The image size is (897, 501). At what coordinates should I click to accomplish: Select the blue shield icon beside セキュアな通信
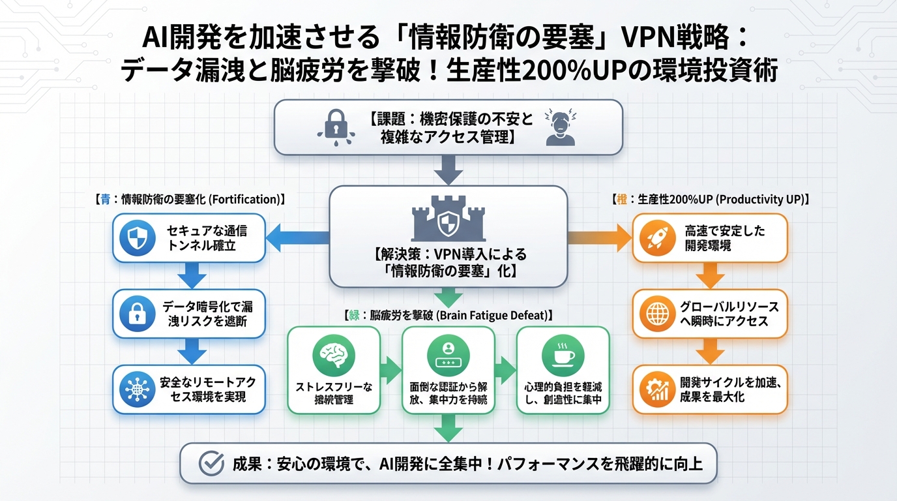(138, 238)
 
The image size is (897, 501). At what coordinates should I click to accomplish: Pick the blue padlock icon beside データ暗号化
(138, 313)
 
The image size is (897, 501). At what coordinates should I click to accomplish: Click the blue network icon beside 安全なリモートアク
(138, 389)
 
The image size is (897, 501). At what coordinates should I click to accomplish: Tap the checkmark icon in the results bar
(210, 463)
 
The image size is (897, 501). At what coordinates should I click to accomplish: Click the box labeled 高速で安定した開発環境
(710, 238)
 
